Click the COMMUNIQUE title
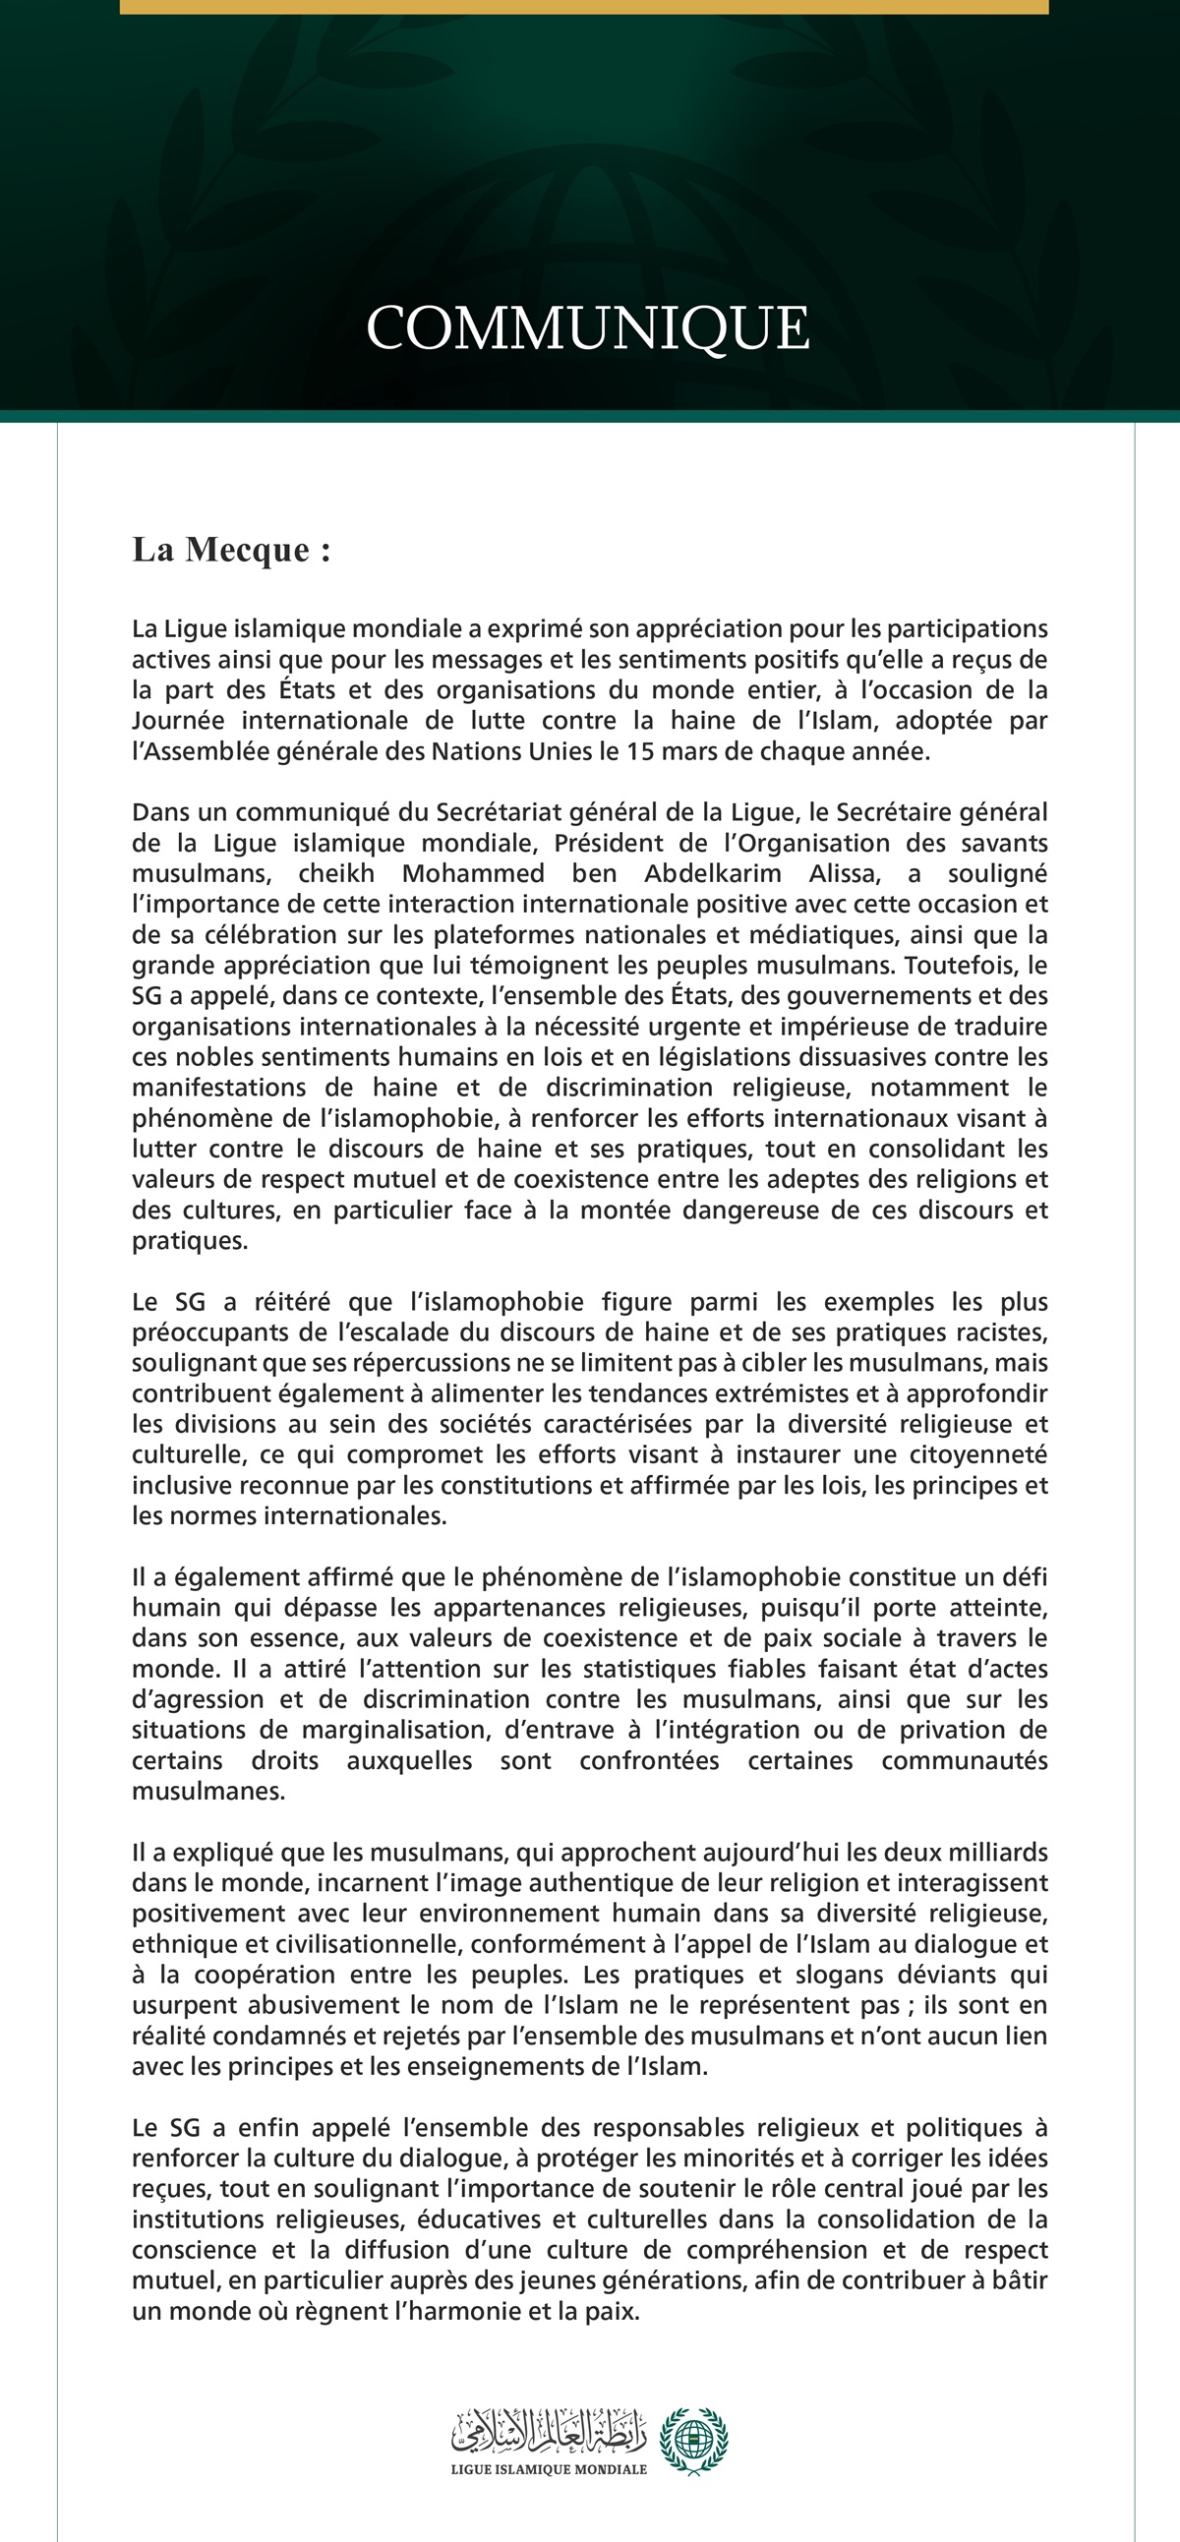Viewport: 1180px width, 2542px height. (x=588, y=327)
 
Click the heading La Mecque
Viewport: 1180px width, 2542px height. (x=231, y=550)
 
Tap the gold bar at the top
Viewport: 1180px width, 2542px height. (x=584, y=7)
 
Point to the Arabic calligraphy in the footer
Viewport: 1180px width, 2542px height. (x=549, y=2433)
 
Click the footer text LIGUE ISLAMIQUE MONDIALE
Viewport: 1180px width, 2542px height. (x=549, y=2469)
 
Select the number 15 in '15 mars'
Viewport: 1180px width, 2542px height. (x=639, y=751)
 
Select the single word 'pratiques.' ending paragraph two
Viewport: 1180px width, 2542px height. (x=190, y=1240)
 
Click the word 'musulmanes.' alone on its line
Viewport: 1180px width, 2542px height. (x=208, y=1791)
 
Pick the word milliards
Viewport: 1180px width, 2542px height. (x=997, y=1853)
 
